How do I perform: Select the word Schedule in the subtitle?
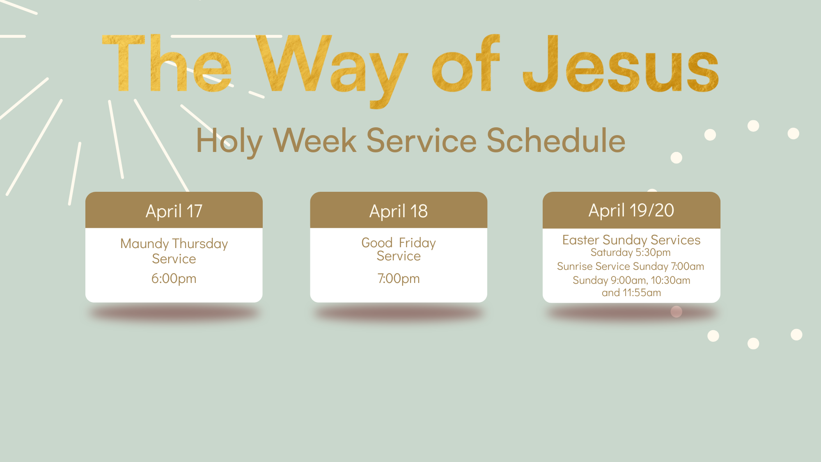click(x=556, y=140)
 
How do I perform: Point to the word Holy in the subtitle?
click(x=229, y=142)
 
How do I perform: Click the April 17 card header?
click(x=174, y=210)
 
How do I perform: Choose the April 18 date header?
click(x=399, y=210)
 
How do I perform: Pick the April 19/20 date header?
click(x=631, y=210)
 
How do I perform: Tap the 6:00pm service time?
click(x=174, y=278)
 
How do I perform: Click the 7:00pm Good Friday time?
click(x=399, y=278)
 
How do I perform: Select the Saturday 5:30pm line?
click(x=631, y=252)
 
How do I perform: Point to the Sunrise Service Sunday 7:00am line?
click(x=631, y=266)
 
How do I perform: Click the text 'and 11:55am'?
click(x=631, y=292)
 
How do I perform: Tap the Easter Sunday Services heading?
click(x=631, y=240)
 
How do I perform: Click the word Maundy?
click(x=144, y=244)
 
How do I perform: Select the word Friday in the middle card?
click(x=417, y=243)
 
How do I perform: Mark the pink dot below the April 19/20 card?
click(x=677, y=312)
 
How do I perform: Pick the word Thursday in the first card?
click(x=200, y=244)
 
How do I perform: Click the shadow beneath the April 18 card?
click(x=399, y=314)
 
